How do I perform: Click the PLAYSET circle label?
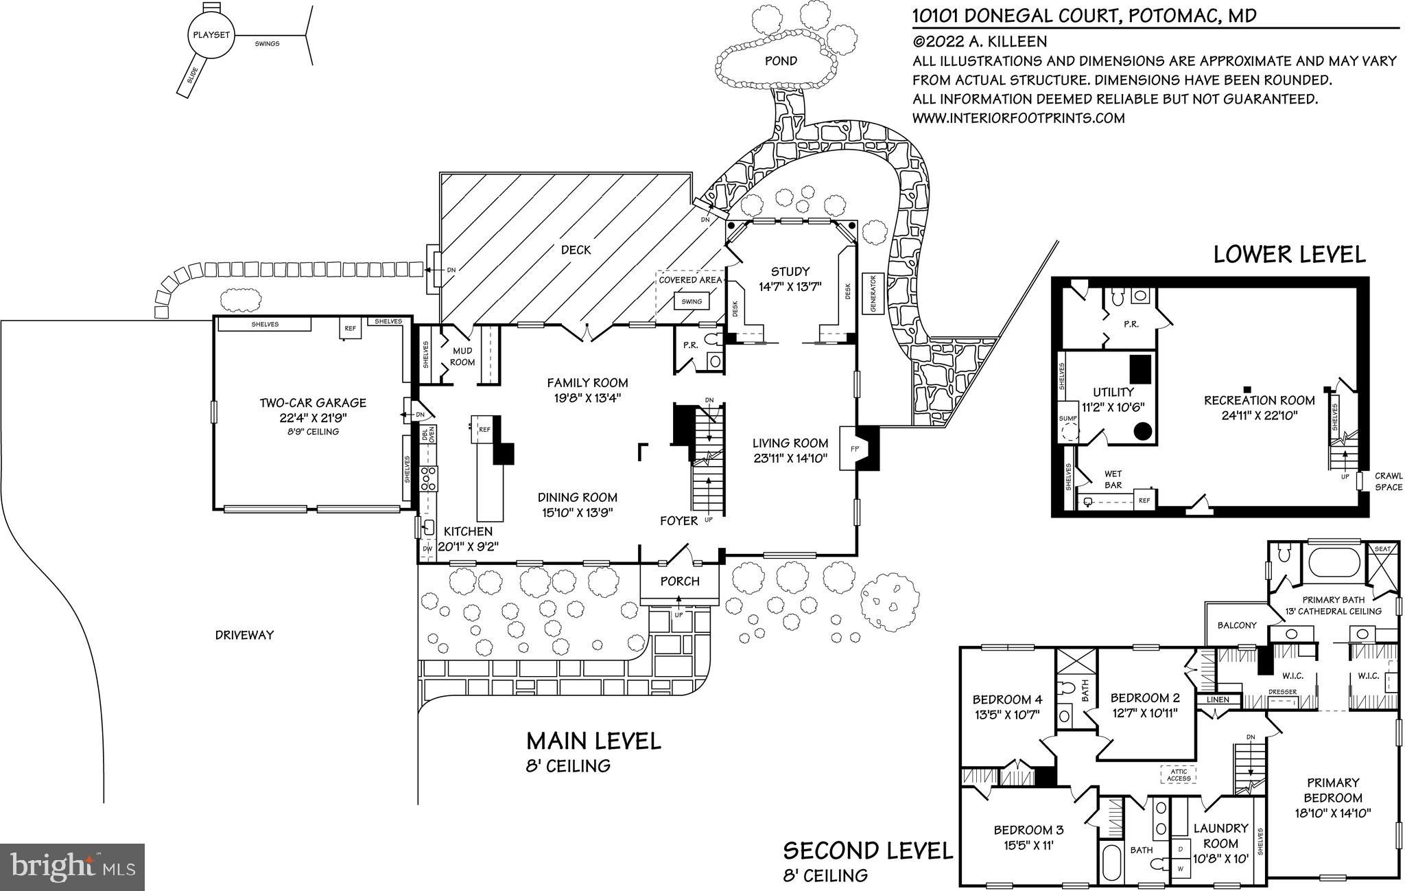click(211, 35)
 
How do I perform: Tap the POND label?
click(781, 60)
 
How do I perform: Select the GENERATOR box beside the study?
click(873, 294)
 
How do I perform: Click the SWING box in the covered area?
click(692, 301)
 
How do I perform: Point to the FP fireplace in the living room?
click(855, 448)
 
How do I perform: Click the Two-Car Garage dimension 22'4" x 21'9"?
click(312, 417)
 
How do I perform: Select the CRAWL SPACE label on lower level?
click(1388, 481)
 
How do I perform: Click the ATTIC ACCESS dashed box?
click(1179, 775)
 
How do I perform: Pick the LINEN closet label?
click(1218, 699)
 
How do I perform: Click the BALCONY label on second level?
click(1237, 625)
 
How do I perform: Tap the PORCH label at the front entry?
click(680, 581)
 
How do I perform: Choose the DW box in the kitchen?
click(427, 549)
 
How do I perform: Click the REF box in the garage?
click(351, 328)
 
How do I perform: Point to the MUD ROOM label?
click(462, 356)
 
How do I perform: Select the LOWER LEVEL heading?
click(1289, 254)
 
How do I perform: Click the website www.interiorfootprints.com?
click(1018, 118)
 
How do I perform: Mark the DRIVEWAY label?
click(244, 635)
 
